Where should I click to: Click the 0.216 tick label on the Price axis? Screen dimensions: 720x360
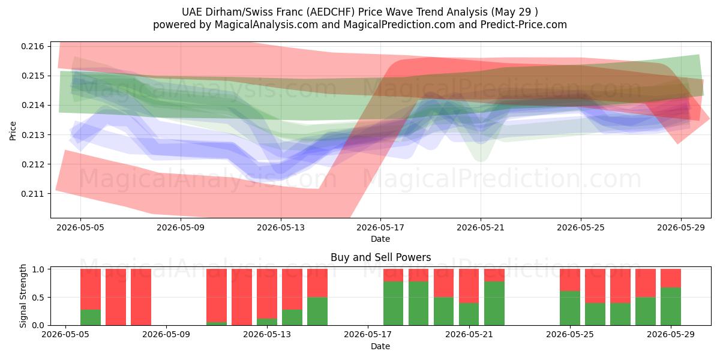(32, 46)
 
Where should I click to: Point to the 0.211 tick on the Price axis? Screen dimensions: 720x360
(32, 194)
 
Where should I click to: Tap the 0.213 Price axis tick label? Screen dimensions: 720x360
(32, 135)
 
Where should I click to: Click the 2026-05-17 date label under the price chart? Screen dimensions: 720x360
(380, 227)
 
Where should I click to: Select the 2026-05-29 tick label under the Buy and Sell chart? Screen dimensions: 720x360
(671, 334)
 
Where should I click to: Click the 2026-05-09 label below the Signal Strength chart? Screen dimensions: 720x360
(166, 334)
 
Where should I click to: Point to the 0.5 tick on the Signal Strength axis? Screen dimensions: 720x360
(38, 298)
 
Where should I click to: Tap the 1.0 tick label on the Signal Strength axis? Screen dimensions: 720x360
(38, 269)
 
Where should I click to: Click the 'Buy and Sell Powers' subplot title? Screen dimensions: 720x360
(380, 257)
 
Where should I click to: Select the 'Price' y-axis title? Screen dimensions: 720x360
(13, 131)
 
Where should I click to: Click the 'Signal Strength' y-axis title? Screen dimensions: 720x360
(23, 296)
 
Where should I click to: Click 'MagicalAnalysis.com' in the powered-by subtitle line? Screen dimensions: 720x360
(266, 25)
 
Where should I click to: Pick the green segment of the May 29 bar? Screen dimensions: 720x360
(671, 307)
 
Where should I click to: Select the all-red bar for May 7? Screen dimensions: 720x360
(116, 297)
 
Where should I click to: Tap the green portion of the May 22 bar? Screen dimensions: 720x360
(494, 304)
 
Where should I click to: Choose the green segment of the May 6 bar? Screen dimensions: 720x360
(91, 317)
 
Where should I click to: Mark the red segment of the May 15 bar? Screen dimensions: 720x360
(317, 283)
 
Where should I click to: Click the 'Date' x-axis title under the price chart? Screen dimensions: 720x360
(380, 239)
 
